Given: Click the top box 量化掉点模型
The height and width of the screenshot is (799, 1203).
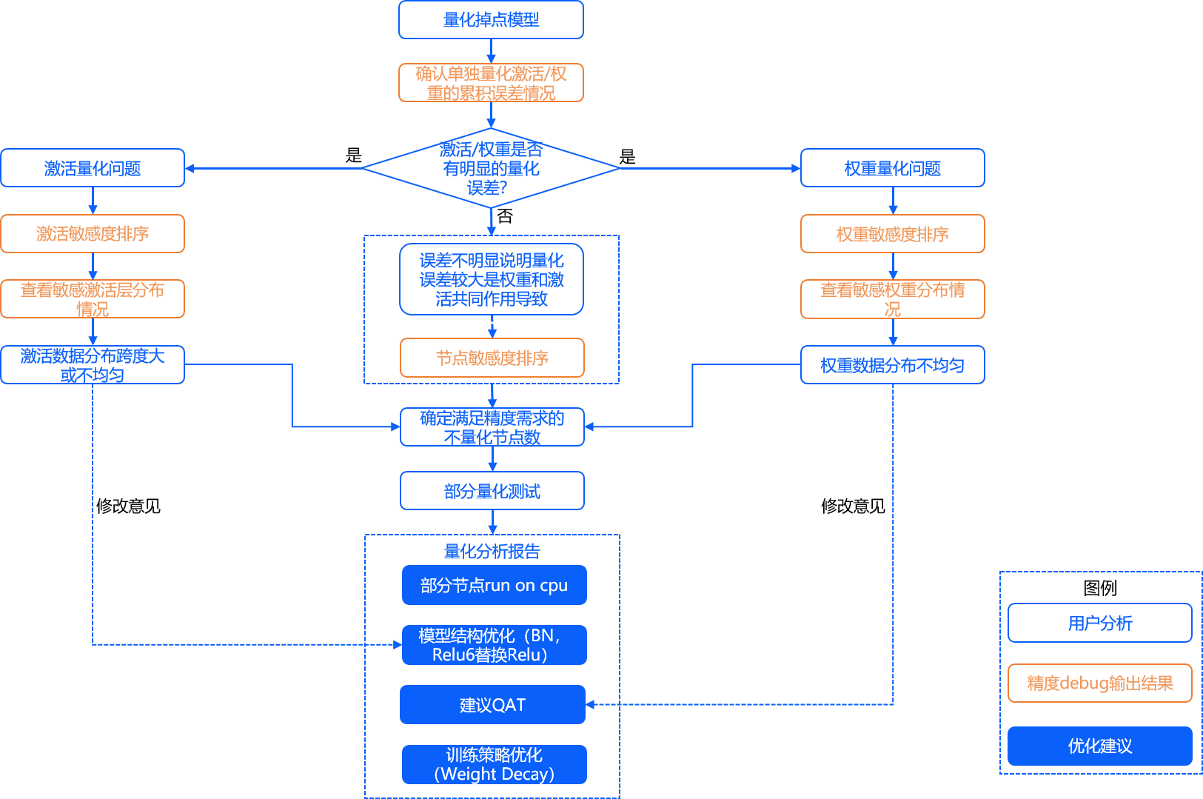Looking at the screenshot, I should (x=491, y=20).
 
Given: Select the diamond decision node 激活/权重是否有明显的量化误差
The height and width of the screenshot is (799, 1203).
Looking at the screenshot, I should (x=491, y=169).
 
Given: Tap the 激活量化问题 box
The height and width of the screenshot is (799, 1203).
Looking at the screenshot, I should (x=93, y=168).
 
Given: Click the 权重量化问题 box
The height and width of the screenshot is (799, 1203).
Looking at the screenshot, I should (x=892, y=168).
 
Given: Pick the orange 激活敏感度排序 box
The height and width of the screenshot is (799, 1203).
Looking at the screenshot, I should (x=93, y=234).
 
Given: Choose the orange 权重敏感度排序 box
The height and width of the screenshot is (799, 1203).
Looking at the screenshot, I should (x=892, y=234).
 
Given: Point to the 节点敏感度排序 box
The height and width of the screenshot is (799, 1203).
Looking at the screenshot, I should (x=492, y=358).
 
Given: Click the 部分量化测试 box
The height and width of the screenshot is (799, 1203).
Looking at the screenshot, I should (x=492, y=491).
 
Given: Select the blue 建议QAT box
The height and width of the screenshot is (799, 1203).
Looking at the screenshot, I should (x=492, y=705).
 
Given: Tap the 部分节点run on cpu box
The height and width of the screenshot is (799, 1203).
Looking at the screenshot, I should (x=494, y=585).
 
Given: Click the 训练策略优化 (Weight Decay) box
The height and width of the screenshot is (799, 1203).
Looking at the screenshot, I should (x=494, y=764).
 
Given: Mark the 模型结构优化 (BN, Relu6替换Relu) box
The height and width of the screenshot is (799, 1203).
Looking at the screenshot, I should (x=494, y=645).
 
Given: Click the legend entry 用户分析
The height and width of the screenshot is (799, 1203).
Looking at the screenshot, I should (x=1099, y=623).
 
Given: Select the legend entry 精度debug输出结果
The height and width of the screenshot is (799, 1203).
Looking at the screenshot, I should (x=1099, y=683).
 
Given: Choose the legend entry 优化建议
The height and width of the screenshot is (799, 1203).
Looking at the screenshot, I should (x=1099, y=746).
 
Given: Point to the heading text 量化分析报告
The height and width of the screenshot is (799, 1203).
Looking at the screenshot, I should (x=492, y=551).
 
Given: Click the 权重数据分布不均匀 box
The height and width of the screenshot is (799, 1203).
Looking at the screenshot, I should (x=892, y=365).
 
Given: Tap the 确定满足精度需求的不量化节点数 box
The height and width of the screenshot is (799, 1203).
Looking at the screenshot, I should (x=492, y=427).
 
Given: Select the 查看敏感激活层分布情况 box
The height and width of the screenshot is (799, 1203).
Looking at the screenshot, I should (x=93, y=299).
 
